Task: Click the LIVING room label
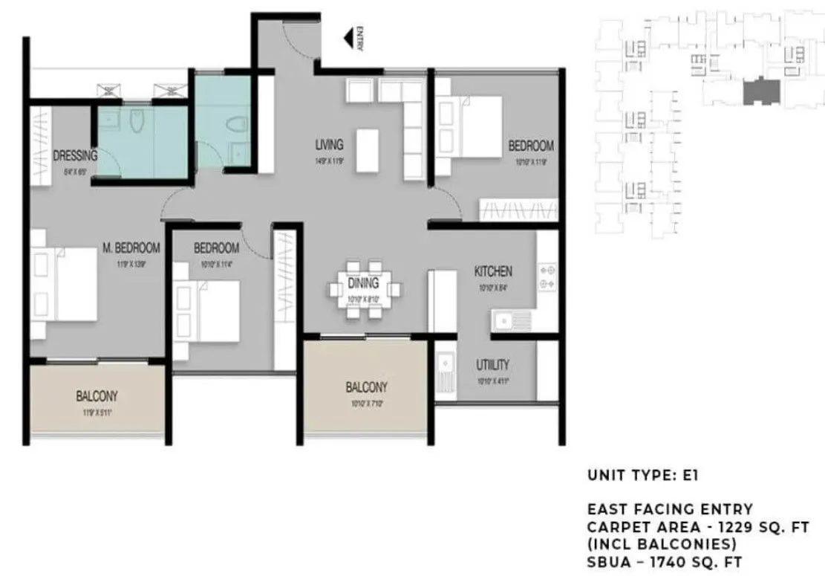click(x=329, y=145)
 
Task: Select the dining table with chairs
click(x=364, y=288)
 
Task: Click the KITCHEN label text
click(x=493, y=272)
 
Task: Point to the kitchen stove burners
click(x=547, y=276)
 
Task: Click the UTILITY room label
click(x=492, y=364)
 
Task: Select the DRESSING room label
click(x=75, y=156)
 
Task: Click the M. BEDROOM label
click(x=131, y=247)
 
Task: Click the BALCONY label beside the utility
click(x=366, y=387)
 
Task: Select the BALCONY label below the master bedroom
click(x=97, y=396)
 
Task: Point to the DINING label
click(x=362, y=283)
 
